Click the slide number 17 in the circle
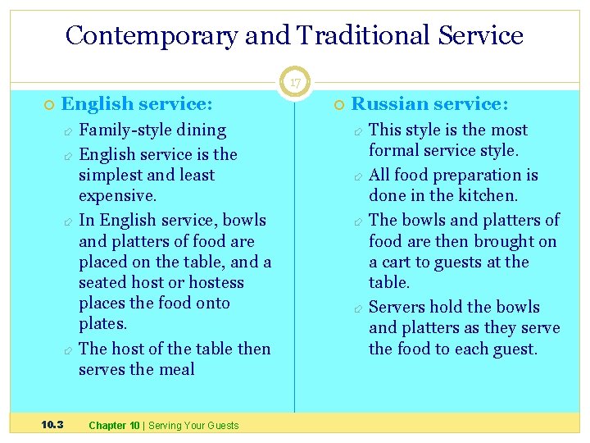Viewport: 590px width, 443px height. [294, 83]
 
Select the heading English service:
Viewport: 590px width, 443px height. [137, 103]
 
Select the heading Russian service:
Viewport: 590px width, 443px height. [429, 103]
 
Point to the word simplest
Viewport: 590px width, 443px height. [110, 175]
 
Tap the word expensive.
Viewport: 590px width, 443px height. [116, 195]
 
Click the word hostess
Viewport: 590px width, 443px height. [216, 282]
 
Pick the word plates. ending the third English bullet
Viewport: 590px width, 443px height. [102, 323]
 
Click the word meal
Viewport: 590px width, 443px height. [178, 369]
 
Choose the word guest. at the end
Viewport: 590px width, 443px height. [513, 348]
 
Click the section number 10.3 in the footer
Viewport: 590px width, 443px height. [53, 425]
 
